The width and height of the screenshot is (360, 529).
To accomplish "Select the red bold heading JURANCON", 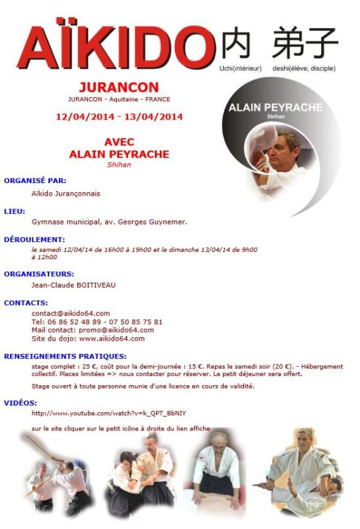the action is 118,87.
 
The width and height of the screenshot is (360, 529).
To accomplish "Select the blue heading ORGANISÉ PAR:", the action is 35,180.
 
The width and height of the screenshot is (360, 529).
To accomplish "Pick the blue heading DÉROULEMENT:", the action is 34,240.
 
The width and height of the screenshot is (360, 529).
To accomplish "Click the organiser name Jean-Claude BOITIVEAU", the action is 78,285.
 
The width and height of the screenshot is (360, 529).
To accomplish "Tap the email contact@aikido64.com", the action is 71,313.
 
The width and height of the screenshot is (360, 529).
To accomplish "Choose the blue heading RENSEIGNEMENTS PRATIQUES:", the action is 66,355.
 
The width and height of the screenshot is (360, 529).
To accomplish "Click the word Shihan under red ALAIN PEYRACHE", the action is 119,165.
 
